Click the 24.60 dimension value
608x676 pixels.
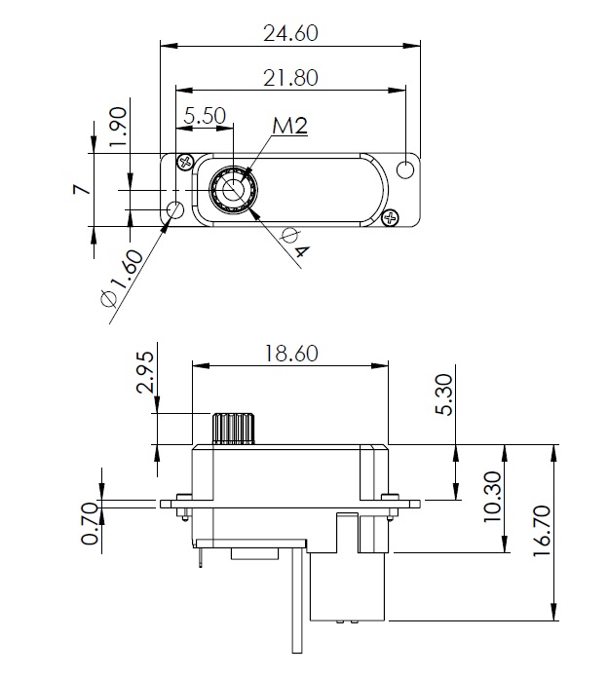pyautogui.click(x=290, y=33)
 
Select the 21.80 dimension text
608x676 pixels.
pyautogui.click(x=290, y=78)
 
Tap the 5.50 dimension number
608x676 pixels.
pyautogui.click(x=205, y=116)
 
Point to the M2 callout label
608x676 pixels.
pyautogui.click(x=289, y=126)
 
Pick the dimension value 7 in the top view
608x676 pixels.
pyautogui.click(x=82, y=189)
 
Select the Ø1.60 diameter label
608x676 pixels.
pyautogui.click(x=122, y=279)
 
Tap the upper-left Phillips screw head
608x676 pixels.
pyautogui.click(x=186, y=163)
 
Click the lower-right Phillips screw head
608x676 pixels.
pyautogui.click(x=391, y=218)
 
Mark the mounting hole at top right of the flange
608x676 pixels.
pyautogui.click(x=405, y=169)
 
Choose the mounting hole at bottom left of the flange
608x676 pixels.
pyautogui.click(x=175, y=209)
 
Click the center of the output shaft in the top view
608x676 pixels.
pyautogui.click(x=233, y=190)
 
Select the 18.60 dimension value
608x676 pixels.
pyautogui.click(x=290, y=353)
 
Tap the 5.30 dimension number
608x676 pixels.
pyautogui.click(x=444, y=394)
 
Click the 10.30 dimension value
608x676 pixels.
pyautogui.click(x=492, y=497)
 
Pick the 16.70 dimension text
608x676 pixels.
pyautogui.click(x=542, y=531)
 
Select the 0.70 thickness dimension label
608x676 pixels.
pyautogui.click(x=90, y=524)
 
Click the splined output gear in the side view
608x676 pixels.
pyautogui.click(x=233, y=429)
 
